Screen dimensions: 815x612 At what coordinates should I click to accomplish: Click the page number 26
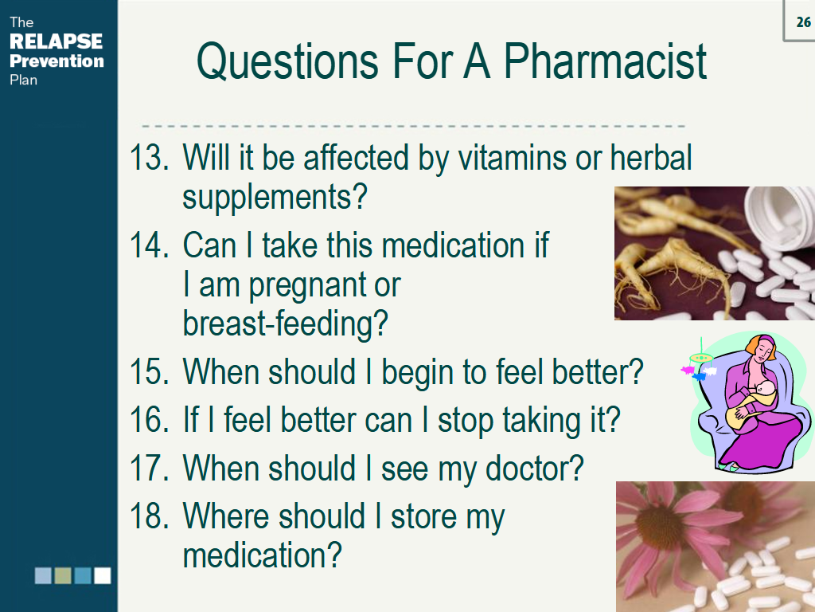803,22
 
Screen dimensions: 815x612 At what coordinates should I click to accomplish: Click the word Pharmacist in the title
605,61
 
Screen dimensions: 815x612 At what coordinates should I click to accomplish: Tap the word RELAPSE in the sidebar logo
57,41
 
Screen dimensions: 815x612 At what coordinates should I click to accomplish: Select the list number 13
149,157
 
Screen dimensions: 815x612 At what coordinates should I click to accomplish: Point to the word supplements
275,198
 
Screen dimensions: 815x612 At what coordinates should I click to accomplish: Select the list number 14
149,245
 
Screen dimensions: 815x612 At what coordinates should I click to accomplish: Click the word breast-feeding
286,324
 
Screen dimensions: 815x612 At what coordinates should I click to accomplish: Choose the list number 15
149,371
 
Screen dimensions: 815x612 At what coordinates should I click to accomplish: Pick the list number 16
149,420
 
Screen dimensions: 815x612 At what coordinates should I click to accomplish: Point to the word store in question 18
422,516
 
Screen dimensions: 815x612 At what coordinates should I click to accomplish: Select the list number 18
149,516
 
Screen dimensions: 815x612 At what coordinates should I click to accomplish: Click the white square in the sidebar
103,575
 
